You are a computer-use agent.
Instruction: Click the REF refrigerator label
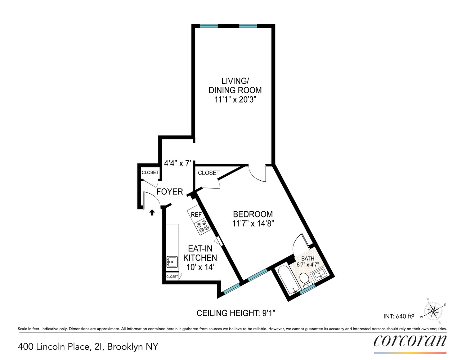coord(196,215)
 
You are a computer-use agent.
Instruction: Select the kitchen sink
coord(172,262)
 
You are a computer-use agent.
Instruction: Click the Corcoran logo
coord(410,341)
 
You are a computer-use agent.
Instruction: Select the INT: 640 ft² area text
coord(398,316)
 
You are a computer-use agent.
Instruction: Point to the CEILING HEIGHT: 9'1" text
coord(236,313)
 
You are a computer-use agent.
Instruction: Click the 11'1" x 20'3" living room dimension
coord(235,100)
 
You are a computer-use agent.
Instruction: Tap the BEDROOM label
coord(253,214)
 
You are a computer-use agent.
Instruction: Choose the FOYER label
coord(170,192)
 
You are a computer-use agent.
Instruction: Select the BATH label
coord(308,258)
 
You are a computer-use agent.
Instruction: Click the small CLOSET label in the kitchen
coord(172,276)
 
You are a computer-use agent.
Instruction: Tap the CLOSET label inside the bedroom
coord(209,173)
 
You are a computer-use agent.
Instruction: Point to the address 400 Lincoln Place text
coord(88,347)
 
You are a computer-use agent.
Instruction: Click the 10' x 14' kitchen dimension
coord(200,267)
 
